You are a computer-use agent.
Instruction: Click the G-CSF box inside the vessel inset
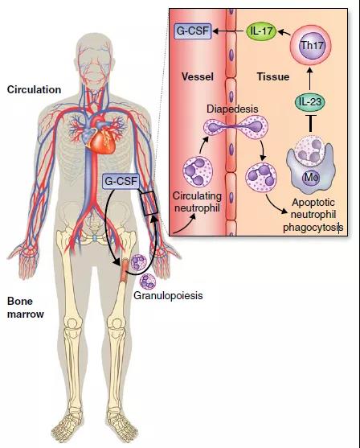coord(193,31)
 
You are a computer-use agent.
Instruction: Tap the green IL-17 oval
coord(261,31)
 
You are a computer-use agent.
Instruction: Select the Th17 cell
coord(310,46)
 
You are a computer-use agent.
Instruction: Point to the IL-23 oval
coord(310,102)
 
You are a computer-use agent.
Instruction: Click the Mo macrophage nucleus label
coord(311,178)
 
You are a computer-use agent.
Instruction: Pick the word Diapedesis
coord(232,109)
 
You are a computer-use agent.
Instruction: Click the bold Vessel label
coord(198,76)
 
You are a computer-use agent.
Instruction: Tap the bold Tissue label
coord(273,76)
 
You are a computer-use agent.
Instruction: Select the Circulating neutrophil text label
coord(197,202)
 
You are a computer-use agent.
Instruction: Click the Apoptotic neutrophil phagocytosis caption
coord(313,215)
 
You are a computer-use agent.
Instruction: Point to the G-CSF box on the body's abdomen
coord(121,181)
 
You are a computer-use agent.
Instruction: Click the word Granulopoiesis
coord(168,295)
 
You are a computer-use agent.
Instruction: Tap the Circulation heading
coord(34,90)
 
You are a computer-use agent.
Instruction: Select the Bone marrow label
coord(26,308)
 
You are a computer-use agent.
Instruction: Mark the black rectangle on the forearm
coord(149,203)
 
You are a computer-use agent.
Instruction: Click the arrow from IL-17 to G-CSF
coord(229,31)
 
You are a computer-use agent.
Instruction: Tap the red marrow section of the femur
coord(125,269)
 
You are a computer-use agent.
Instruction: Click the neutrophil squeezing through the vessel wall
coord(235,127)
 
